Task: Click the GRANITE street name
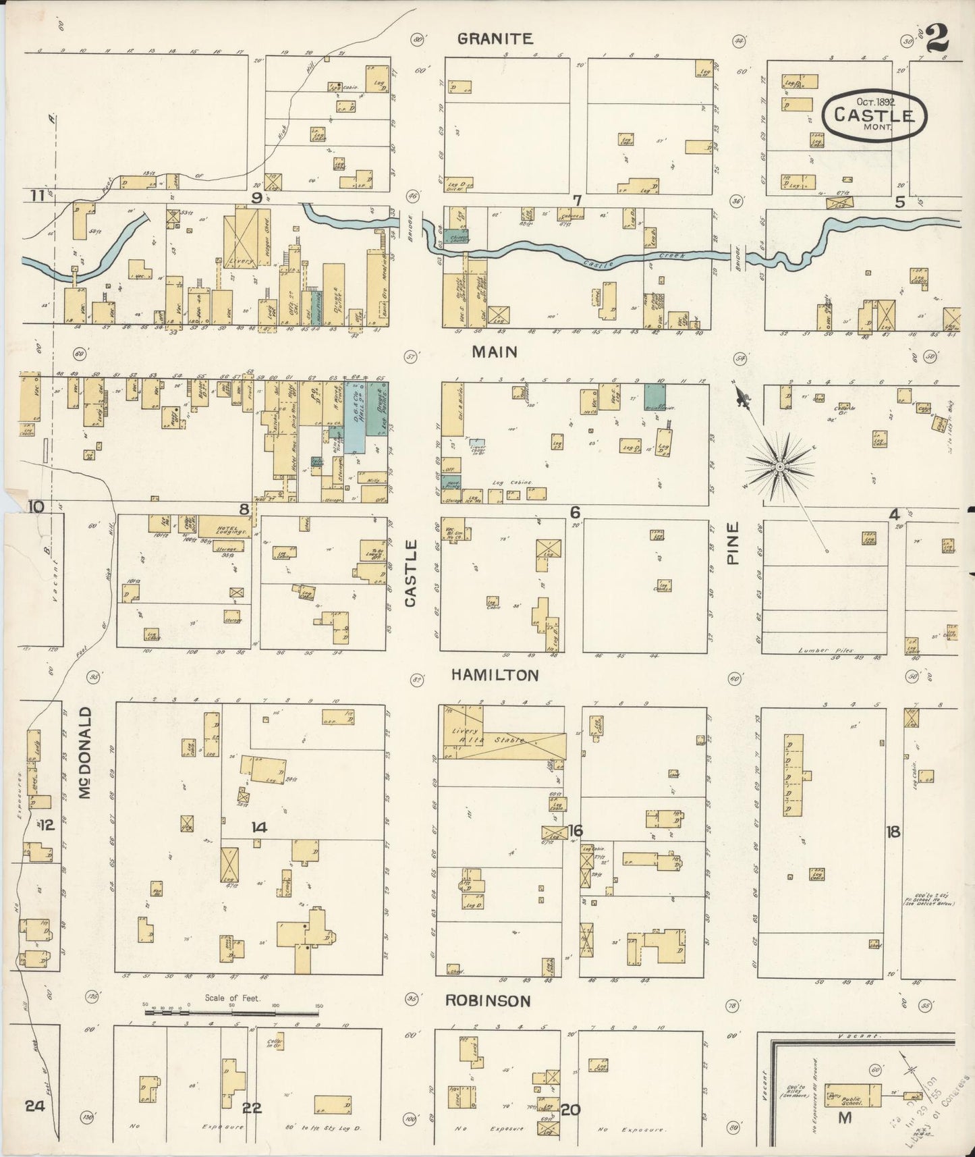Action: coord(495,39)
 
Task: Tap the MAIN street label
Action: coord(495,352)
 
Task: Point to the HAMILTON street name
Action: coord(495,675)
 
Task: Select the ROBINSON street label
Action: coord(488,1001)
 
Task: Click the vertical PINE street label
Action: coord(733,543)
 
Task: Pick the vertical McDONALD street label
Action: coord(84,753)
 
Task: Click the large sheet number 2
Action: coord(937,38)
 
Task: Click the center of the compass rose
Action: coord(780,466)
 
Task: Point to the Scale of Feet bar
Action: coord(231,1013)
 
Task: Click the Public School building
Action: coord(853,1095)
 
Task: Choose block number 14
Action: coord(259,828)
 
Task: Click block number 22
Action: coord(252,1108)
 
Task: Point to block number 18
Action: coord(893,832)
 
